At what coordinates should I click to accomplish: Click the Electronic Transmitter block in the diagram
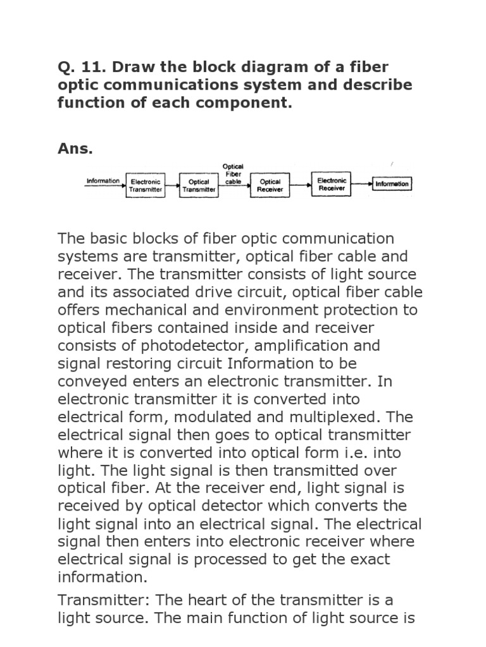pyautogui.click(x=146, y=184)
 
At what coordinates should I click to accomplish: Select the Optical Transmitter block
pyautogui.click(x=199, y=184)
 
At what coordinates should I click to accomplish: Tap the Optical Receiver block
pyautogui.click(x=271, y=184)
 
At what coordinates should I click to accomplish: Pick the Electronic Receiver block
pyautogui.click(x=332, y=183)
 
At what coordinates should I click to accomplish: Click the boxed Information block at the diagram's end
pyautogui.click(x=392, y=184)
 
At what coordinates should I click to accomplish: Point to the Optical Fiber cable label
pyautogui.click(x=234, y=174)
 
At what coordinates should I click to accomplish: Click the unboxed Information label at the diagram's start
pyautogui.click(x=103, y=181)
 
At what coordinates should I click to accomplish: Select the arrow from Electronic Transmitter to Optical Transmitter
pyautogui.click(x=172, y=184)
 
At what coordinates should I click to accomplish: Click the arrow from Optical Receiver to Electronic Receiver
pyautogui.click(x=300, y=184)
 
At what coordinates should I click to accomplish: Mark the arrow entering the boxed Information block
pyautogui.click(x=361, y=184)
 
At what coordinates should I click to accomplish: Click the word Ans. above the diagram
pyautogui.click(x=75, y=149)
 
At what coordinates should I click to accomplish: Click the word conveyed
pyautogui.click(x=96, y=382)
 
